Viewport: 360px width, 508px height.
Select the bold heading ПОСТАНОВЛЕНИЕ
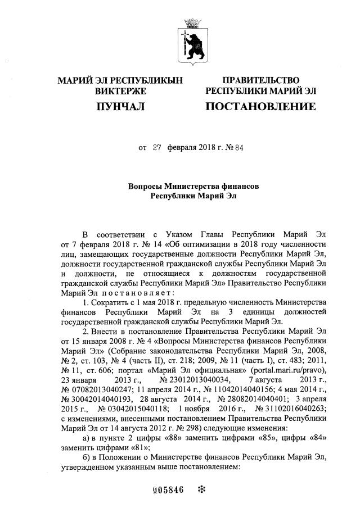pos(260,106)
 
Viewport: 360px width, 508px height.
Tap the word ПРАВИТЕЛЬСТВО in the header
pos(261,80)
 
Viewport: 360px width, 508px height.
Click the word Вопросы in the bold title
pos(147,186)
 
